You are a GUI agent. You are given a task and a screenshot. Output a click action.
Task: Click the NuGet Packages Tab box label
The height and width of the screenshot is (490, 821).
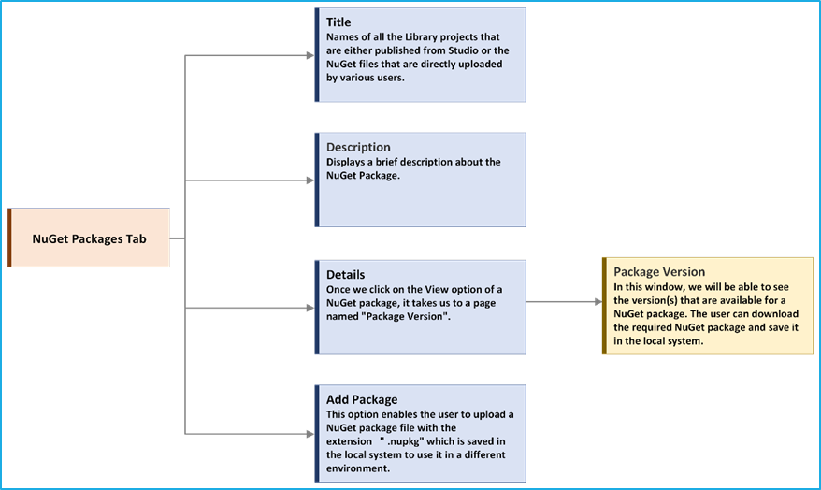(x=89, y=239)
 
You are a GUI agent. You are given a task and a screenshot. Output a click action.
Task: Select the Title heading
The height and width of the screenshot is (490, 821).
(x=338, y=22)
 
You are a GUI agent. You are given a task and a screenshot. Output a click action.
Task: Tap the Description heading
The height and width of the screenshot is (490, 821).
(x=358, y=147)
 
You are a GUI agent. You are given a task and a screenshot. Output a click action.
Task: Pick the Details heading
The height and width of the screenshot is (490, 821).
(x=346, y=274)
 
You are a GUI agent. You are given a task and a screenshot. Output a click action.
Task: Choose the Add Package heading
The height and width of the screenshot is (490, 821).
(x=362, y=399)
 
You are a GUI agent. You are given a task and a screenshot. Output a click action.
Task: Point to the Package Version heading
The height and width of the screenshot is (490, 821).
(x=659, y=272)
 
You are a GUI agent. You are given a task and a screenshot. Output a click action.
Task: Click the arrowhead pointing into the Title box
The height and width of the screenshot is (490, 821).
(x=310, y=55)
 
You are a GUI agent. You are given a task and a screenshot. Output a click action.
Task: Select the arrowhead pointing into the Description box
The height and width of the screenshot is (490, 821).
(x=310, y=180)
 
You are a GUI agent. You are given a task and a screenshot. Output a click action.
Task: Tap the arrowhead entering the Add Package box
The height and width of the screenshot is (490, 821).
(x=310, y=434)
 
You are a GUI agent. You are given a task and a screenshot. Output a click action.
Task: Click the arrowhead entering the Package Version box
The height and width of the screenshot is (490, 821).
(x=598, y=302)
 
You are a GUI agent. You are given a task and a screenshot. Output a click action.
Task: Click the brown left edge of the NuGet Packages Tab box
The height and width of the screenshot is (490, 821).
(x=9, y=238)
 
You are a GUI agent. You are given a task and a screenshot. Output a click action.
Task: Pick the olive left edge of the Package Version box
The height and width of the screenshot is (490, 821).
(x=604, y=306)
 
